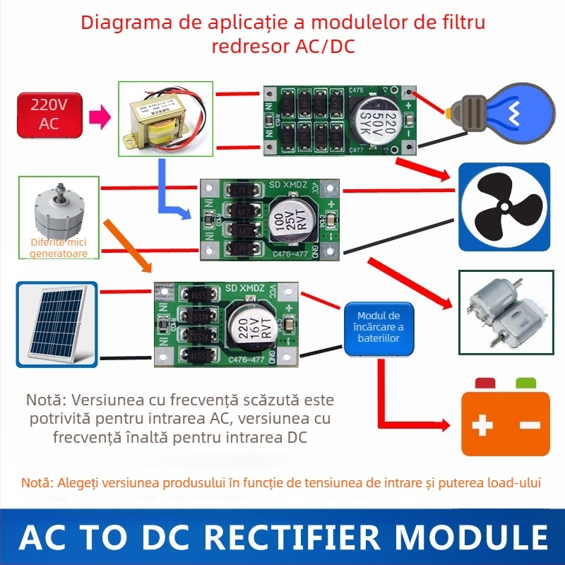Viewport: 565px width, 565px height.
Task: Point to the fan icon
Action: click(504, 206)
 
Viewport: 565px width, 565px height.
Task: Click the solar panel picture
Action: click(56, 323)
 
